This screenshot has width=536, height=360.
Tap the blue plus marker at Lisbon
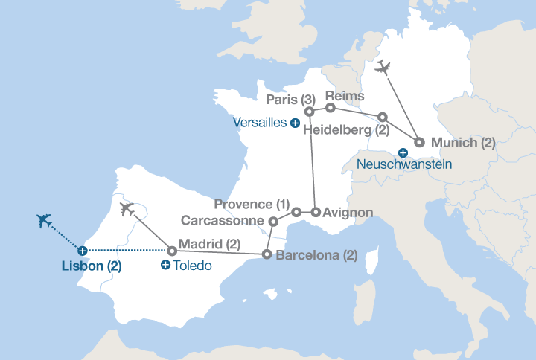coord(83,251)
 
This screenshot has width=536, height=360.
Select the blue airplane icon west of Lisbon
coord(45,221)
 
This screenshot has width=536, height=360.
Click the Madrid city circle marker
coord(172,251)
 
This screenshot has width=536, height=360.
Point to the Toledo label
coord(194,265)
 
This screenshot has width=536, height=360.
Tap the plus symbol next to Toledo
coord(165,265)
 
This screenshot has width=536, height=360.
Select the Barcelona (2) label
coord(316,255)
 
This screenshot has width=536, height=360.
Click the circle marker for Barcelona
coord(267,255)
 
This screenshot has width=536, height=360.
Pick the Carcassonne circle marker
coord(273,221)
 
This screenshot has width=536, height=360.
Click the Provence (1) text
coord(251,205)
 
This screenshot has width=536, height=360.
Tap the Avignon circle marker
coord(316,213)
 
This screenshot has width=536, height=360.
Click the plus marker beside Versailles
coord(296,123)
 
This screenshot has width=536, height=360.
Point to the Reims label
coord(345,96)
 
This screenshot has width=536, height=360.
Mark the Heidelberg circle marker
coord(383,118)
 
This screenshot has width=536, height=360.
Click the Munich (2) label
coord(463,142)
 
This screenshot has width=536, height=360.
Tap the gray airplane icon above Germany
coord(383,68)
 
